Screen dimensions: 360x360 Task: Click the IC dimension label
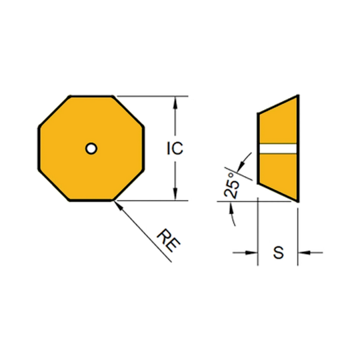point(175,148)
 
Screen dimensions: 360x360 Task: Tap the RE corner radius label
point(169,240)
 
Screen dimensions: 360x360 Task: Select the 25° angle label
point(231,185)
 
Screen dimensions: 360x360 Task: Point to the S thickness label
point(278,253)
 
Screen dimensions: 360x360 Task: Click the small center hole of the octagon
point(91,148)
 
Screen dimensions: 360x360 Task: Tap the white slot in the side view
point(278,148)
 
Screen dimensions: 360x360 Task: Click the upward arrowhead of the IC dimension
point(175,103)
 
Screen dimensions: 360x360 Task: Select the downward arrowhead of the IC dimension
point(175,194)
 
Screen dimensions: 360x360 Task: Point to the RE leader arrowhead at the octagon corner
point(117,205)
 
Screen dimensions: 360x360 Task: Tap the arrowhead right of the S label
point(304,253)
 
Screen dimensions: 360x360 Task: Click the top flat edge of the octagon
point(91,96)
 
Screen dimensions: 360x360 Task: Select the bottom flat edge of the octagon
point(91,201)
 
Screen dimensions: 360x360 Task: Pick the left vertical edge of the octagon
point(39,148)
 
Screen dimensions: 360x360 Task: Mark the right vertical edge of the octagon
point(143,148)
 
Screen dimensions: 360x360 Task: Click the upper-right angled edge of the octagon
point(128,111)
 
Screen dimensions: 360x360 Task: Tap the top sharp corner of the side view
point(298,95)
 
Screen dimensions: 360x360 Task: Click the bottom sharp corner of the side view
point(298,201)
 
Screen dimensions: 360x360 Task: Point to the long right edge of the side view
point(298,148)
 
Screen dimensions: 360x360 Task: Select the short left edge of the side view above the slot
point(258,128)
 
